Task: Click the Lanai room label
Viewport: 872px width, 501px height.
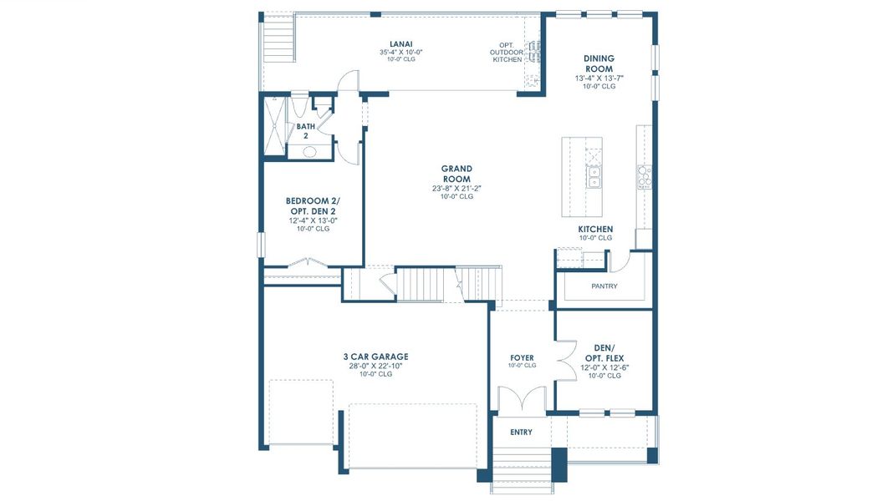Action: coord(401,44)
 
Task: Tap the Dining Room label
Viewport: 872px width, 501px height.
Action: coord(599,63)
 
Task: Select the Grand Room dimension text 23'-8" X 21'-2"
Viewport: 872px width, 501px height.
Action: coord(456,188)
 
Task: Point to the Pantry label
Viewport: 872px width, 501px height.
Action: coord(604,286)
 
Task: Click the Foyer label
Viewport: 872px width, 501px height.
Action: coord(522,357)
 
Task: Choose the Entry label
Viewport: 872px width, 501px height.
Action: coord(521,432)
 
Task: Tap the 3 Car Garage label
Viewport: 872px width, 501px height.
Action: coord(375,357)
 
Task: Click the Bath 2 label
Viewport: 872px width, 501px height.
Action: coord(305,130)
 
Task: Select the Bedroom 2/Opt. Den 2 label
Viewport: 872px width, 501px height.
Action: coord(313,206)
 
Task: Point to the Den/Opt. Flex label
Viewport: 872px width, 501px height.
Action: coord(604,353)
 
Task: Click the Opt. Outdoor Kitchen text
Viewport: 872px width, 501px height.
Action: coord(506,53)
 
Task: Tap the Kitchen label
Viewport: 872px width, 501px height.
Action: coord(595,229)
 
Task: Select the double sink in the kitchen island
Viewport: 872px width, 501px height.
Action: coord(594,177)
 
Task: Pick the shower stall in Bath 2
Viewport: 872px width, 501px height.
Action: coord(274,126)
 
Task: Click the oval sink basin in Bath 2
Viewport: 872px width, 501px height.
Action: coord(309,152)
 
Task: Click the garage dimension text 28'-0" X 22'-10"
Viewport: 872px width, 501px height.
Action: coord(375,366)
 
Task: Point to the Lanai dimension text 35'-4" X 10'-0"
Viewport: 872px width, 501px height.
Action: coord(401,53)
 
